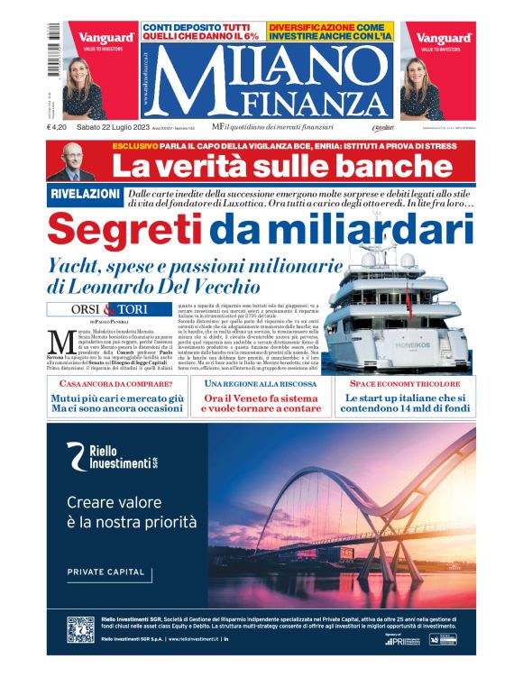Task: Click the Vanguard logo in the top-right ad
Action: click(x=445, y=39)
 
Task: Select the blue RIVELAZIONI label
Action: click(x=84, y=195)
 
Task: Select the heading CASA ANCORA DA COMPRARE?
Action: click(x=115, y=383)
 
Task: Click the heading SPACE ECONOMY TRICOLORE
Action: click(x=403, y=383)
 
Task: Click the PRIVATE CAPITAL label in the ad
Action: click(x=106, y=572)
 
